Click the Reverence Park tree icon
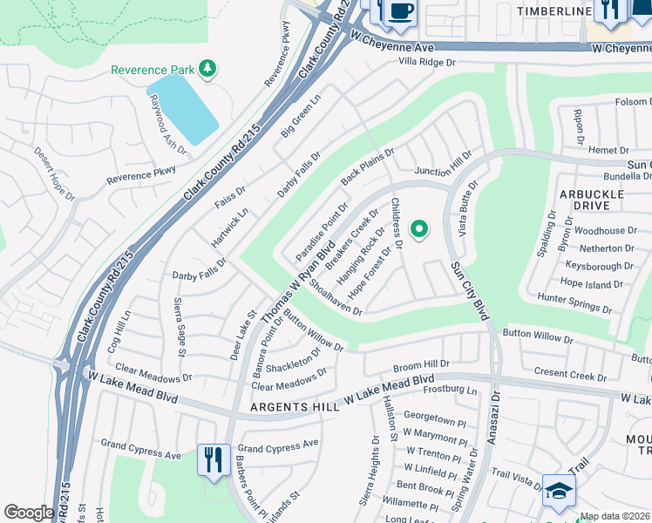click(x=207, y=68)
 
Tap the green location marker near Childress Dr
click(x=419, y=229)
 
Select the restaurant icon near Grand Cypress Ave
click(x=214, y=458)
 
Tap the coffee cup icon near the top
click(x=401, y=10)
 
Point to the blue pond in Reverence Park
click(x=184, y=109)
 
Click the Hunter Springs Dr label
click(x=575, y=302)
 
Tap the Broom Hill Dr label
click(x=421, y=363)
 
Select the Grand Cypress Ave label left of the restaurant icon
click(x=140, y=455)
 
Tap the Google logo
click(x=28, y=513)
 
